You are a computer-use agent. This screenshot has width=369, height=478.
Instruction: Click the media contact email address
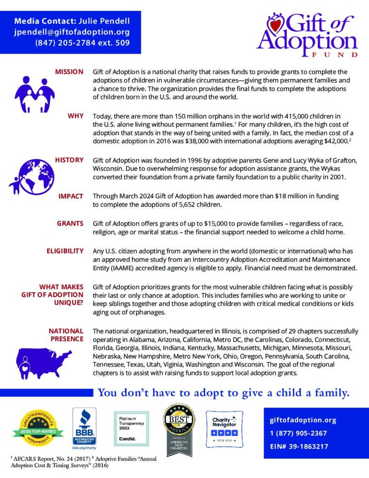coord(71,32)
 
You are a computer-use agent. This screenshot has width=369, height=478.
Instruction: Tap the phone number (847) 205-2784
coord(82,43)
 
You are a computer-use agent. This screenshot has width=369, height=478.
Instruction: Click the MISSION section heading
coord(69,72)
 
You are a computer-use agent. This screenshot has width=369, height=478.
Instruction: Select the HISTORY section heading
coord(69,160)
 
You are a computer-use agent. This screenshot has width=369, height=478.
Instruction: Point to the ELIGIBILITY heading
coord(65,251)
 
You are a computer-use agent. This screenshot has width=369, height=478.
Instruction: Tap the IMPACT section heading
coord(71,196)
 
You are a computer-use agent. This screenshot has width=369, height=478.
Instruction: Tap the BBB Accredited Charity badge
coord(84,426)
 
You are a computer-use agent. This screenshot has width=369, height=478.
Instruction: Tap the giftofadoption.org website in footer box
coord(296,420)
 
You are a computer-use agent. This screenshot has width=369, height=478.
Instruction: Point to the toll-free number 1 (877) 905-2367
coord(298,433)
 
